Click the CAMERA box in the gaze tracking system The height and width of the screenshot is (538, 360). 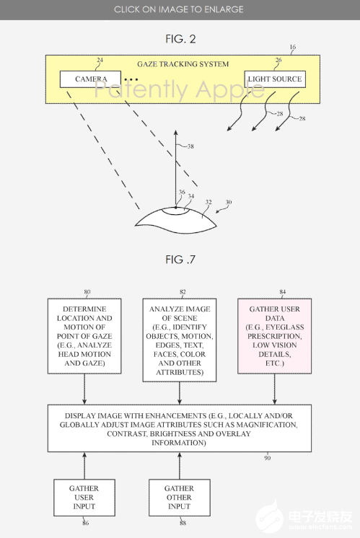point(91,79)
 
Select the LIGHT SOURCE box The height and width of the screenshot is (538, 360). point(274,79)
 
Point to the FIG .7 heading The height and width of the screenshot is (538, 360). point(180,259)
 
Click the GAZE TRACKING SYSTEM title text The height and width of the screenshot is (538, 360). point(183,64)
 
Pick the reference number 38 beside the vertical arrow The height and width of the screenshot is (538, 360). point(190,146)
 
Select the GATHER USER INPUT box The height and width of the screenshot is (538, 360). point(84,498)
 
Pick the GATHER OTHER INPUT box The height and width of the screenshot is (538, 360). point(178,498)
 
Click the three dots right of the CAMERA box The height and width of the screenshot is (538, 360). point(131,79)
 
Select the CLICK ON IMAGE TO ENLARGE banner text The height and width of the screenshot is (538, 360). point(180,9)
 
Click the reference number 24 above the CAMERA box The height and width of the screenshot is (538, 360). point(100,61)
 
